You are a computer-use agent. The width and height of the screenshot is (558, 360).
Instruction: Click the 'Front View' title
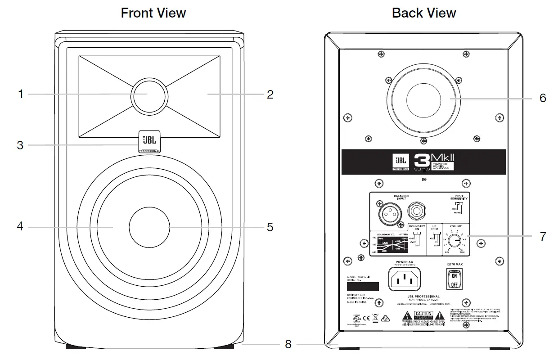153,13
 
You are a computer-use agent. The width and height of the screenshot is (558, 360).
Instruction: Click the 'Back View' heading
423,13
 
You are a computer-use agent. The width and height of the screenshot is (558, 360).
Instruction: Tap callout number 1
21,94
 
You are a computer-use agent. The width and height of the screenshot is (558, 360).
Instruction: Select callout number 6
543,98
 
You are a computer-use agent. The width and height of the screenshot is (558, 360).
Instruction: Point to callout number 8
288,344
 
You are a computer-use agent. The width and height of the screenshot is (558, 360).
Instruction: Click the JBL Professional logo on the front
148,142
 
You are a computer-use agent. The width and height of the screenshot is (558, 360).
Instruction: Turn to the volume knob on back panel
454,241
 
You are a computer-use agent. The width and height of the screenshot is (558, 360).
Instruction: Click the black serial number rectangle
362,287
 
